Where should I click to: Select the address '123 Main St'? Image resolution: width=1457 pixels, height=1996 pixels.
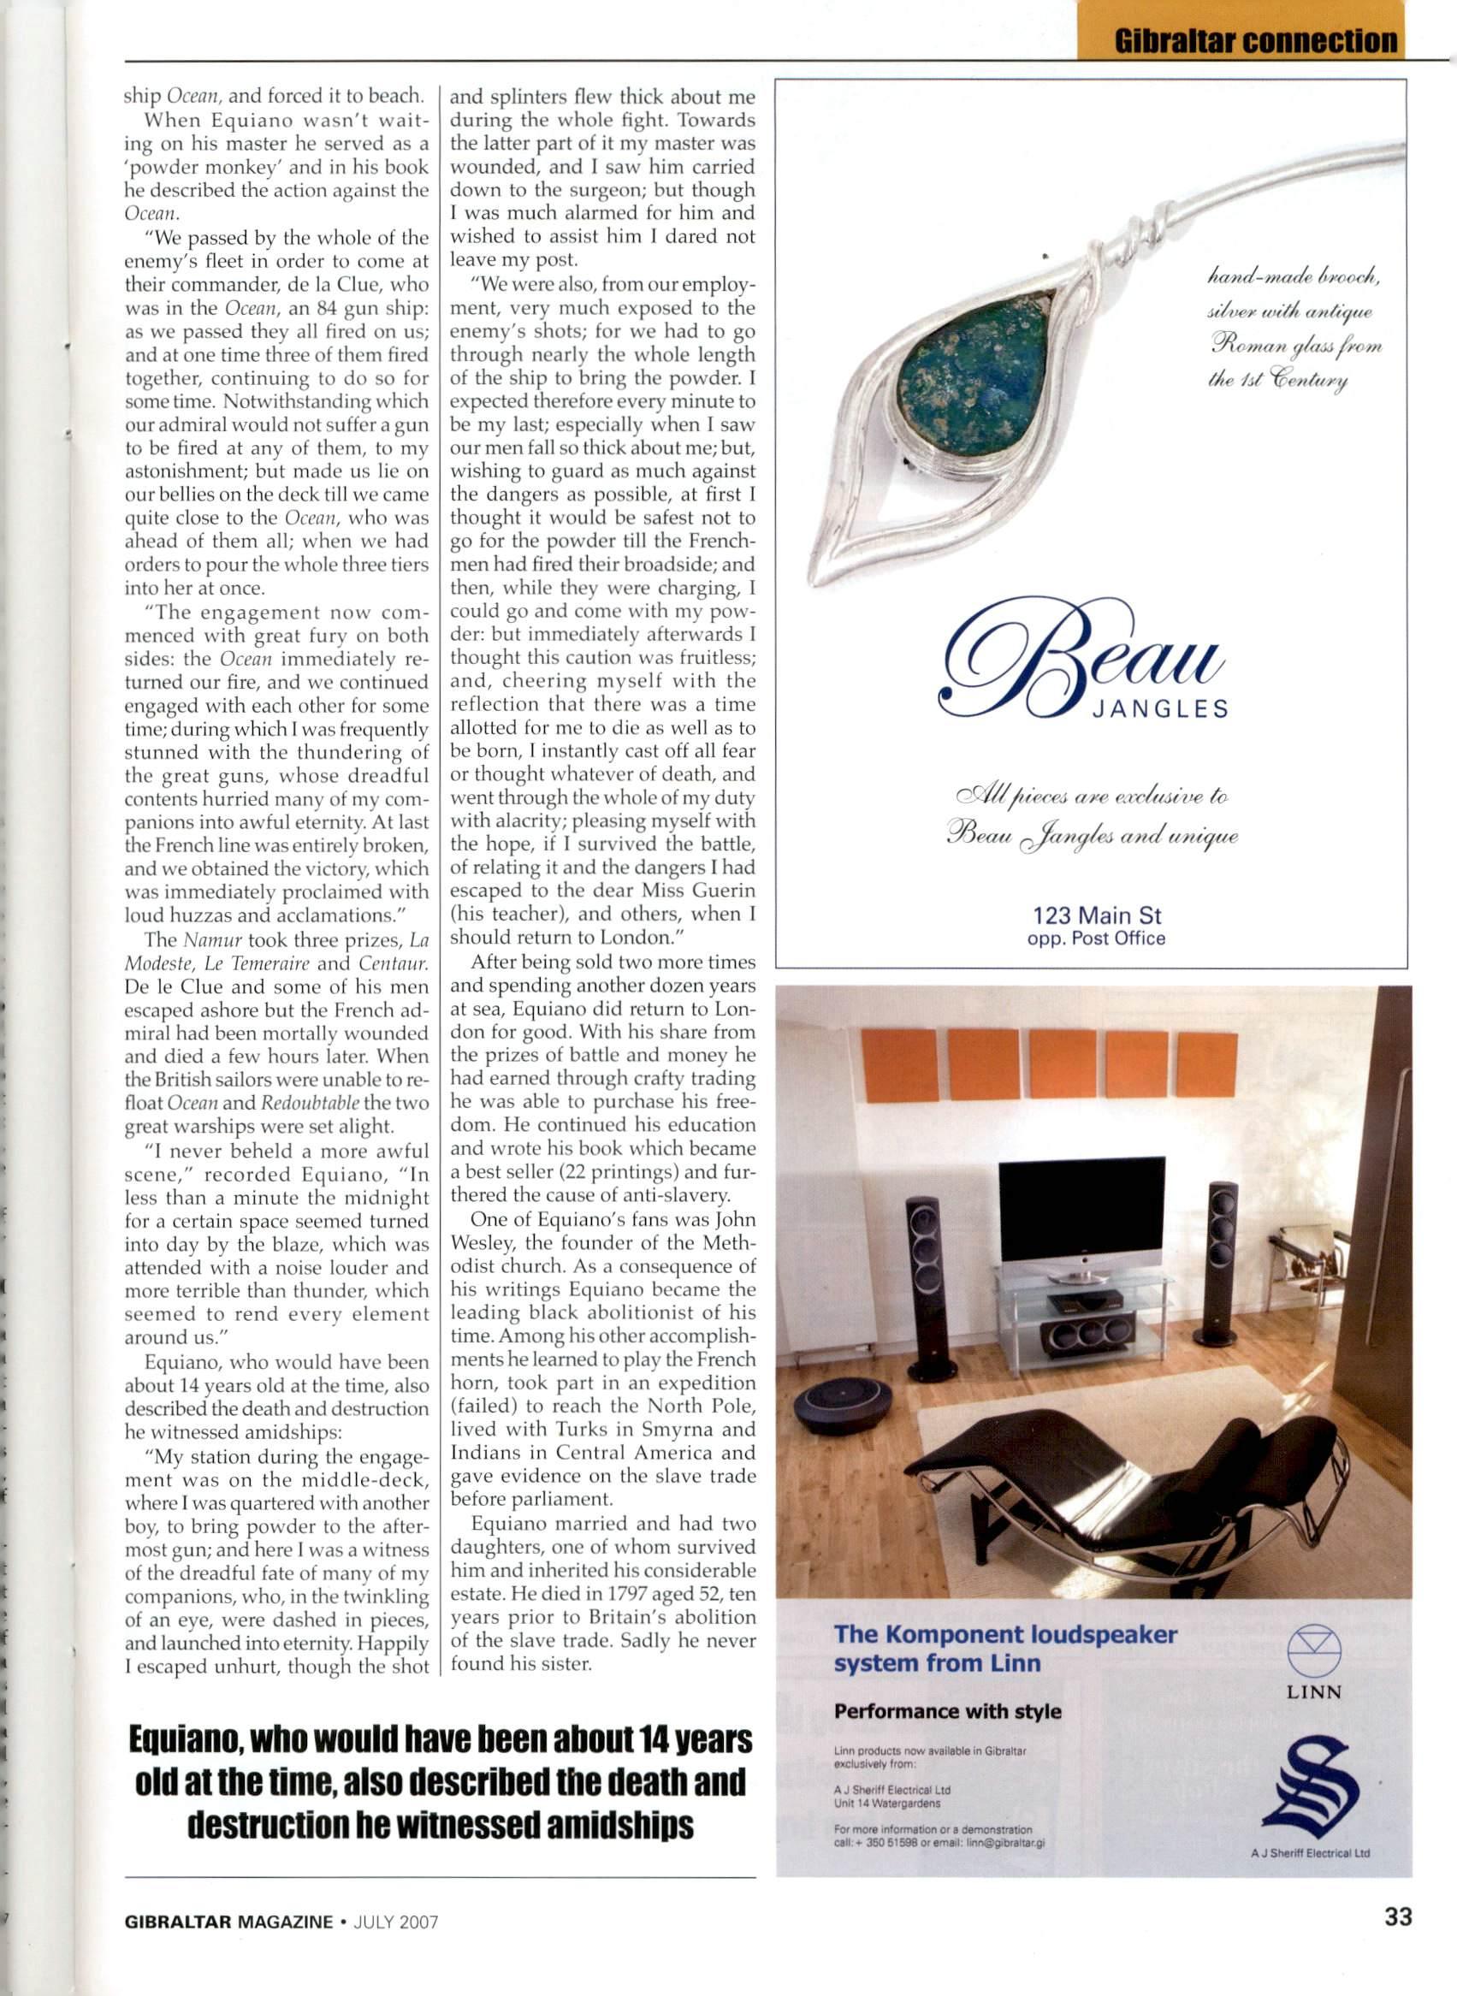(x=1096, y=915)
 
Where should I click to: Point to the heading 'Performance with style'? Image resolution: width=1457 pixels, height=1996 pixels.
(x=947, y=1712)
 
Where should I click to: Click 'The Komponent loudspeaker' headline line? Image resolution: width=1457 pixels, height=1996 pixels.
(x=1005, y=1634)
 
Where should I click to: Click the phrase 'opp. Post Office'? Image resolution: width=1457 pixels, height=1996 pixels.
(x=1096, y=939)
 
